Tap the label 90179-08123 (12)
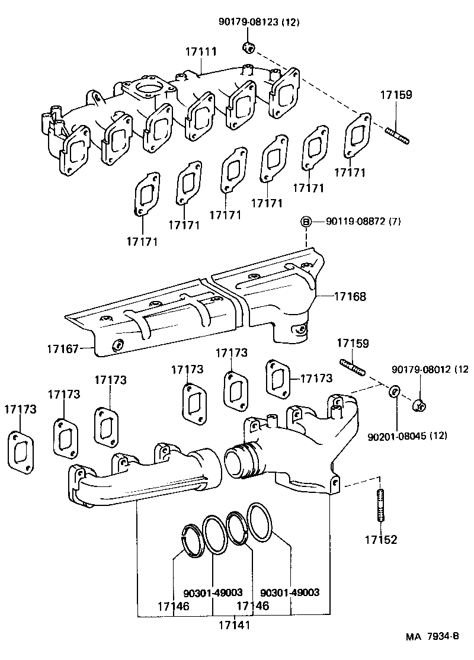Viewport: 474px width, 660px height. [259, 23]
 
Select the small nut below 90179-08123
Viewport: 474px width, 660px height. [250, 47]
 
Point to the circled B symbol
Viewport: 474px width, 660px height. [306, 222]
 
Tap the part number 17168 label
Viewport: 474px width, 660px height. [350, 296]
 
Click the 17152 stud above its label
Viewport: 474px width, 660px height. [379, 505]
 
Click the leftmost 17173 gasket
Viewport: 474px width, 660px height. [20, 451]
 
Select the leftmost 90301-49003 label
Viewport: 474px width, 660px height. [213, 592]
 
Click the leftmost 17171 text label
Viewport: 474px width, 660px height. [142, 241]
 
